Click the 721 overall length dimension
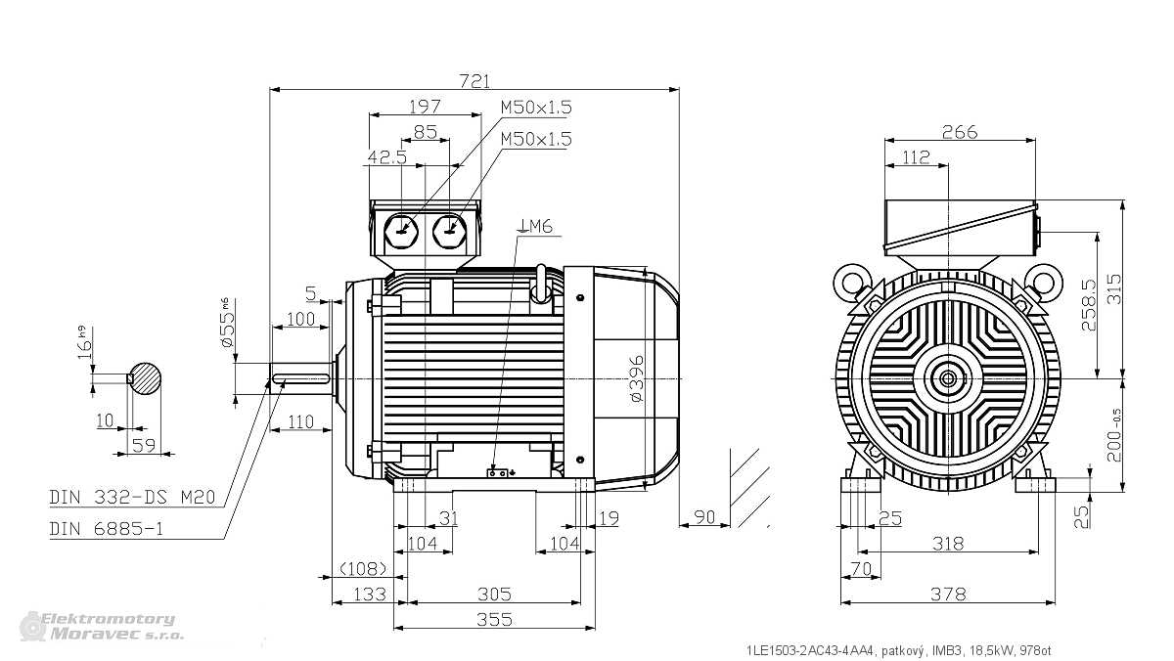[474, 81]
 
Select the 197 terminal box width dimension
[425, 107]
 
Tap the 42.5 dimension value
[387, 157]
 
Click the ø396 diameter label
[636, 378]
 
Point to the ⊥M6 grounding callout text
[534, 226]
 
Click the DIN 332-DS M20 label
[133, 497]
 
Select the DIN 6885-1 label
[107, 529]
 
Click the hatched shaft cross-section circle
[145, 378]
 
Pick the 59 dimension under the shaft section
[144, 445]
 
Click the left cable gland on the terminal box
[401, 232]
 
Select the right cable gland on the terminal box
[450, 232]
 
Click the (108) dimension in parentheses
[364, 568]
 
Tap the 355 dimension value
[494, 620]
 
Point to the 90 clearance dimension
[703, 517]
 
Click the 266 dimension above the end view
[960, 132]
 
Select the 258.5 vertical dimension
[1089, 305]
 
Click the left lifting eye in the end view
[852, 284]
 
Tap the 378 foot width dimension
[948, 594]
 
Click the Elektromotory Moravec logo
[102, 627]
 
